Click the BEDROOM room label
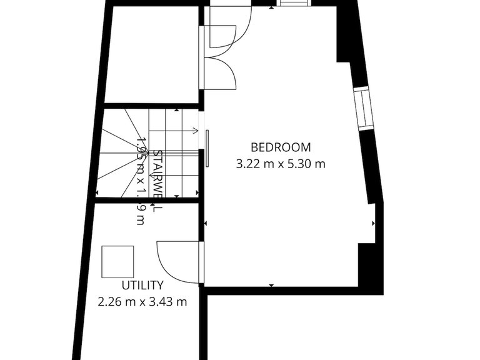[281, 147]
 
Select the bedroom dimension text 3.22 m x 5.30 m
[281, 164]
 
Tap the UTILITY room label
[142, 285]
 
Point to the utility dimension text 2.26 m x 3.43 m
[142, 302]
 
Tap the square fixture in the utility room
[117, 261]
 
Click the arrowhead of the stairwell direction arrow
[196, 131]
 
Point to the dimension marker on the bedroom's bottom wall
[271, 285]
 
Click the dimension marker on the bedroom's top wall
[271, 8]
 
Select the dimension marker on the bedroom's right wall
[374, 222]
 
